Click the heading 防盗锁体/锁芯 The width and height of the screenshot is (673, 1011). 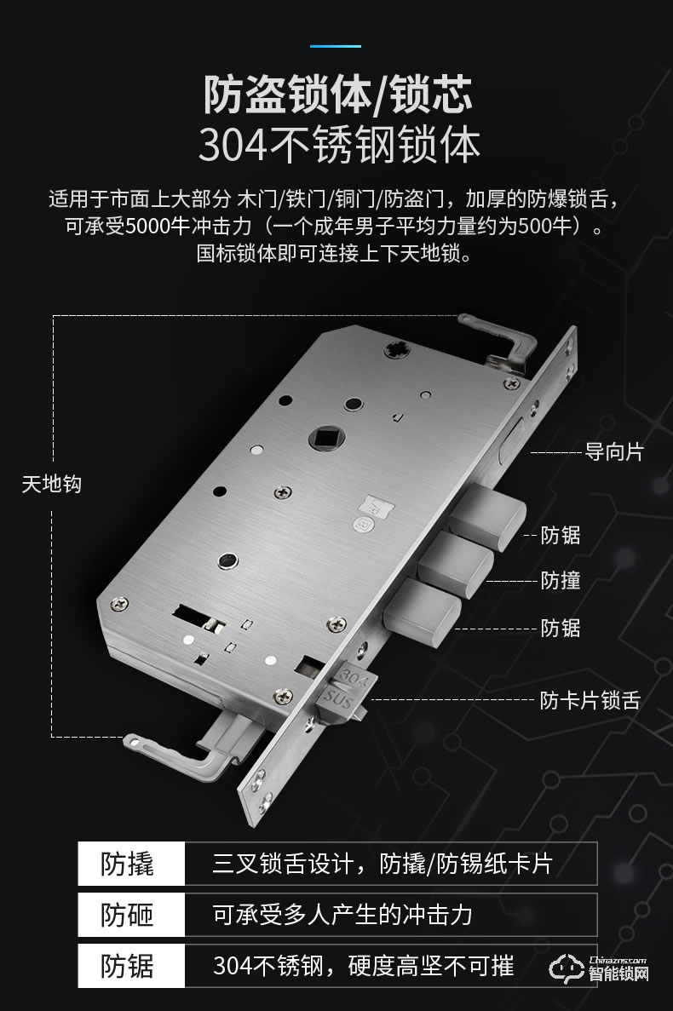click(336, 95)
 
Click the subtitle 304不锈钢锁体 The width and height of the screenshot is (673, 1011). click(339, 146)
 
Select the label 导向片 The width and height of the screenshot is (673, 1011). click(613, 451)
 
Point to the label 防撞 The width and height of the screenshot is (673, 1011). click(561, 580)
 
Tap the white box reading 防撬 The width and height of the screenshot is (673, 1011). click(130, 863)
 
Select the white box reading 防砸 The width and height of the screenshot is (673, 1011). click(130, 915)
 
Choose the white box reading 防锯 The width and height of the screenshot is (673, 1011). click(130, 967)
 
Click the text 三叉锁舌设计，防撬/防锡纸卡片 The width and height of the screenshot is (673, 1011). click(382, 863)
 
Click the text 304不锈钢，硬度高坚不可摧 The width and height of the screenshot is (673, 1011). click(364, 967)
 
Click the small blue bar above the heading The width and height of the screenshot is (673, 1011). click(336, 45)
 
